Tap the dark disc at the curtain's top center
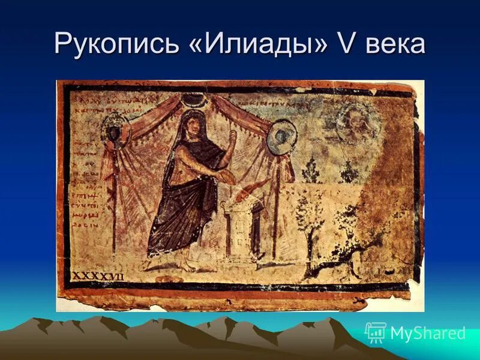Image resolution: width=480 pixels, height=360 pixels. pos(196,99)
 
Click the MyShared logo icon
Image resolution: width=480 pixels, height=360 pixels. pos(375,332)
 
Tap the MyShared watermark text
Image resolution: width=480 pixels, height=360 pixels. pos(427,333)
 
